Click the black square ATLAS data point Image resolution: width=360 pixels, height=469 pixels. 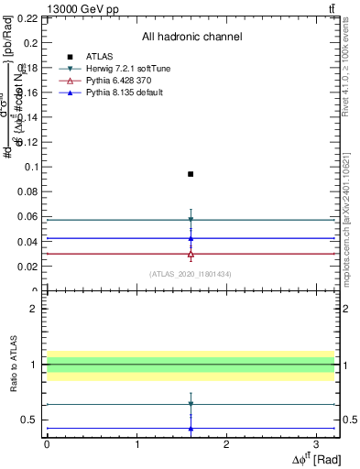pos(191,174)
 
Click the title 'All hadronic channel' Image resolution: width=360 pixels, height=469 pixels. pos(191,38)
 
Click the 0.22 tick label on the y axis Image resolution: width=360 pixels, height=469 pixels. pos(27,18)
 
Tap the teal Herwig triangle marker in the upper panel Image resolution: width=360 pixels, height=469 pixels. pos(191,220)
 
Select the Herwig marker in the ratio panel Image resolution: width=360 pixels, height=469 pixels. pos(191,404)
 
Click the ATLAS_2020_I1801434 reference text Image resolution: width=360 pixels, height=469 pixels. pos(191,274)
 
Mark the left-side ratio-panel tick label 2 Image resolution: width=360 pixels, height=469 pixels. pos(33,309)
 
